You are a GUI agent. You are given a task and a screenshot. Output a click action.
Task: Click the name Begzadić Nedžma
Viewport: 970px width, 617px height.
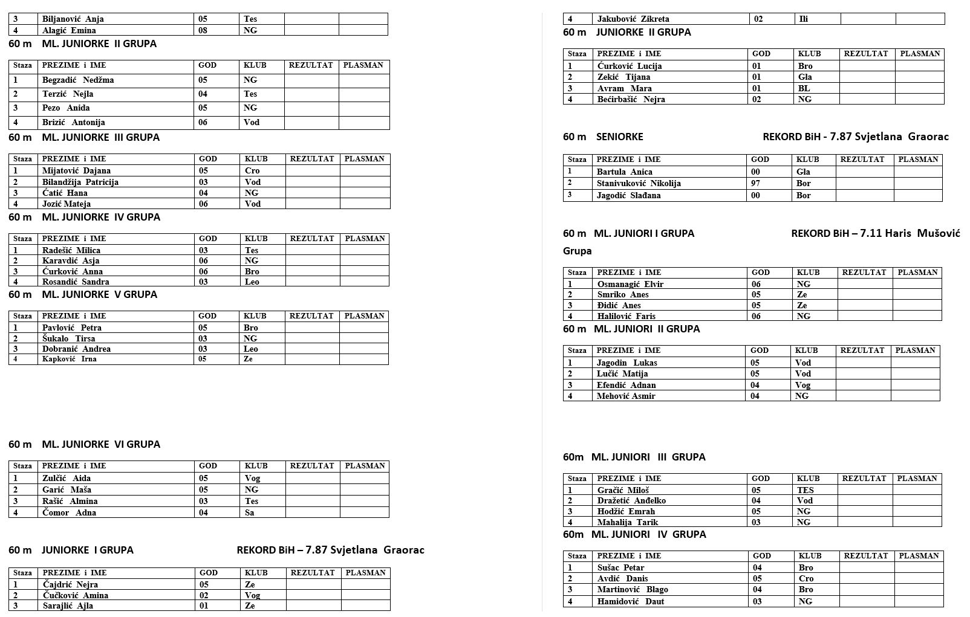click(78, 80)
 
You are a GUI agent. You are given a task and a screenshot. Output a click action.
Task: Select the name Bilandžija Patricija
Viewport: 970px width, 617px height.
click(80, 182)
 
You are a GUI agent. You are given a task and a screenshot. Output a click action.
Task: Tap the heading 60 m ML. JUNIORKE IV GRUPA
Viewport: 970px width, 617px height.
click(85, 217)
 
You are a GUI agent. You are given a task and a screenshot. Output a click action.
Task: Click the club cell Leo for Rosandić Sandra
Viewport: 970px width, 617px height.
click(252, 282)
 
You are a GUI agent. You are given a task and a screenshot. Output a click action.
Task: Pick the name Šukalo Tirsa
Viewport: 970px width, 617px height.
click(69, 338)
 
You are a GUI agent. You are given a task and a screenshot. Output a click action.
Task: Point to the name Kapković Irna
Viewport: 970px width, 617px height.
click(70, 359)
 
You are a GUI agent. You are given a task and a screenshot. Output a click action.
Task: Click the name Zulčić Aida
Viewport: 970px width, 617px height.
click(67, 478)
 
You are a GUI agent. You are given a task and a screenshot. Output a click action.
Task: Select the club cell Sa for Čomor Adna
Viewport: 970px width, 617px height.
click(250, 512)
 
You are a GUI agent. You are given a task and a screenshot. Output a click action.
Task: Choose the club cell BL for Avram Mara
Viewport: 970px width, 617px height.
click(804, 88)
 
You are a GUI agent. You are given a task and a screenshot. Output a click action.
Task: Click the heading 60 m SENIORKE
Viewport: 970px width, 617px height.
click(603, 137)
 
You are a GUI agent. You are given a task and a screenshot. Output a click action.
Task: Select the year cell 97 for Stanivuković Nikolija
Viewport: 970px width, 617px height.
click(756, 183)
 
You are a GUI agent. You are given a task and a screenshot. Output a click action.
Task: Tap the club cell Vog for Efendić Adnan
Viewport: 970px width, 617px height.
click(802, 385)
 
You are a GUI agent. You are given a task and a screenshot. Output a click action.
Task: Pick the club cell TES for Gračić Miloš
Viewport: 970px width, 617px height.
click(805, 490)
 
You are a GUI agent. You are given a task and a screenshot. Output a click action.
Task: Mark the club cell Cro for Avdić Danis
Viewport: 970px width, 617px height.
click(806, 578)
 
